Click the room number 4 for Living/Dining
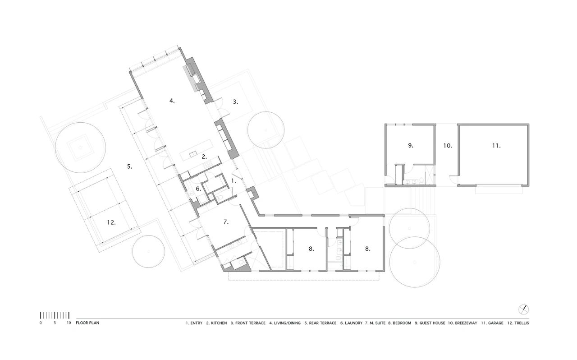(172, 101)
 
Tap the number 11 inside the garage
(496, 146)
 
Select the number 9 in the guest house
(410, 145)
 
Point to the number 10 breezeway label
(447, 146)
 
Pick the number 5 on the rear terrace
(129, 166)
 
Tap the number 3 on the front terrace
(235, 102)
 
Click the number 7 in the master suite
(226, 222)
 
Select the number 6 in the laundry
(197, 189)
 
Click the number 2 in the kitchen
(204, 157)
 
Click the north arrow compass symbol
(523, 309)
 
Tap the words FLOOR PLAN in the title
(87, 323)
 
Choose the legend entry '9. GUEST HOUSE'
(430, 323)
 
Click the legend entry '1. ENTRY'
(194, 323)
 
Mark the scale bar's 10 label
(69, 323)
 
